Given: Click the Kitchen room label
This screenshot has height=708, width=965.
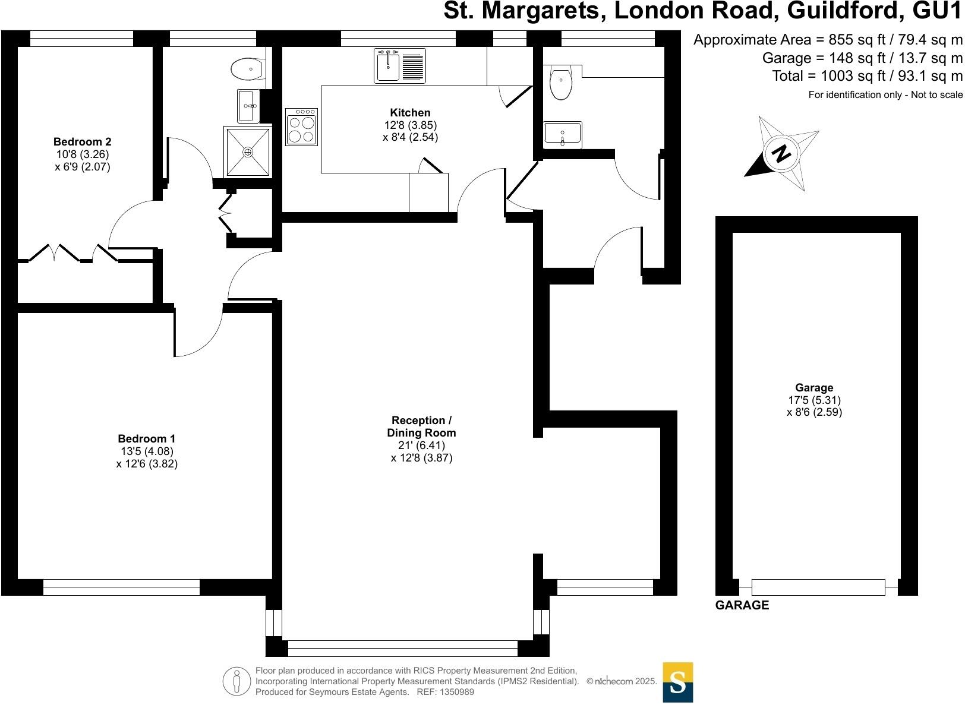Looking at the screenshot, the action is click(x=410, y=113).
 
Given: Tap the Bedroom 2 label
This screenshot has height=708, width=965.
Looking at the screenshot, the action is click(x=82, y=142).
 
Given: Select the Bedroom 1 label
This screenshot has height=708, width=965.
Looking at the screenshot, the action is click(x=146, y=439).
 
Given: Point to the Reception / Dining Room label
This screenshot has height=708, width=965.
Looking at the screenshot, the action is click(x=421, y=426).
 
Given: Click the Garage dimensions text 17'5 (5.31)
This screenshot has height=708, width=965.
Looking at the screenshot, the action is click(x=814, y=400).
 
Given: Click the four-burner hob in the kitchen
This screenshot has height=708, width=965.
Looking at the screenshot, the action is click(x=301, y=127).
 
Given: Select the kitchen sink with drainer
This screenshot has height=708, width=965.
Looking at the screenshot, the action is click(x=400, y=65).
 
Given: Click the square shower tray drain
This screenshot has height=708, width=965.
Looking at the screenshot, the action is click(x=248, y=152).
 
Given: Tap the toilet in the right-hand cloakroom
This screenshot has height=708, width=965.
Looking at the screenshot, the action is click(x=560, y=84).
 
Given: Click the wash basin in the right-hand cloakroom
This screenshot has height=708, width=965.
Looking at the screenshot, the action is click(x=562, y=134).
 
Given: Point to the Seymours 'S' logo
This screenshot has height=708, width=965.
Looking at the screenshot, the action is click(x=677, y=682).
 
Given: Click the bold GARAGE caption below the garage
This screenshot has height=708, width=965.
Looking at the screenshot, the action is click(x=742, y=605).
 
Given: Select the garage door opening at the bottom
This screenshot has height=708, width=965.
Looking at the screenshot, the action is click(x=818, y=587).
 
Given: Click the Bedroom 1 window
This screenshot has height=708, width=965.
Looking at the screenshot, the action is click(x=121, y=587).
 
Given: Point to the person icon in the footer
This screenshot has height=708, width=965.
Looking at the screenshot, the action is click(x=236, y=681).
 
